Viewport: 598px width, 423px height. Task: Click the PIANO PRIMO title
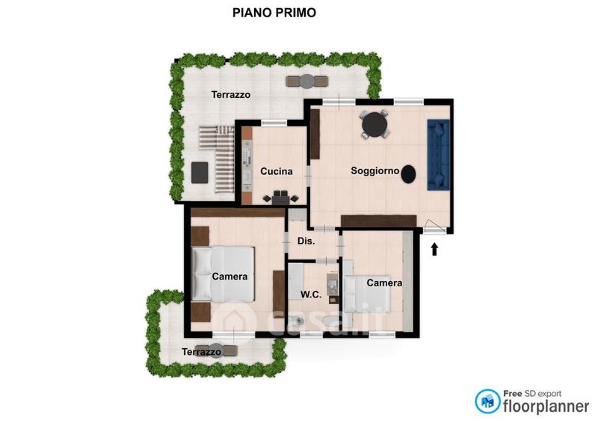point(274,13)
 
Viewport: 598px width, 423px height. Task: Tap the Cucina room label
point(277,171)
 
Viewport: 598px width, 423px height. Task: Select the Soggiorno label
point(375,170)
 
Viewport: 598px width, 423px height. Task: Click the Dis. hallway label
point(306,241)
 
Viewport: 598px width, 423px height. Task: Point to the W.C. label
point(311,294)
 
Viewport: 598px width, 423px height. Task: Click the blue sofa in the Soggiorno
point(439,155)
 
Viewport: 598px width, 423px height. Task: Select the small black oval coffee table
point(408,174)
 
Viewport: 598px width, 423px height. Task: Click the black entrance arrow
point(434,249)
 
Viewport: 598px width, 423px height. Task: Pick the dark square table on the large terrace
point(200,173)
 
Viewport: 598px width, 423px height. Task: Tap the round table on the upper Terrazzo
point(306,81)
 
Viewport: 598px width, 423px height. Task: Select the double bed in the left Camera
point(223,274)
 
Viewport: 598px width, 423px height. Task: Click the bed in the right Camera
point(366,293)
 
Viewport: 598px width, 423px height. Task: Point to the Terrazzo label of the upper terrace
point(231,95)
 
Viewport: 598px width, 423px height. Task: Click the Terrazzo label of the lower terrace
point(201,352)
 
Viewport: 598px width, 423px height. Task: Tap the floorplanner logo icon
point(487,401)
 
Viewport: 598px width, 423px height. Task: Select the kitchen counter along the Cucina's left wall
point(247,164)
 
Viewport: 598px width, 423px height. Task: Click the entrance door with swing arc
point(434,227)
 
